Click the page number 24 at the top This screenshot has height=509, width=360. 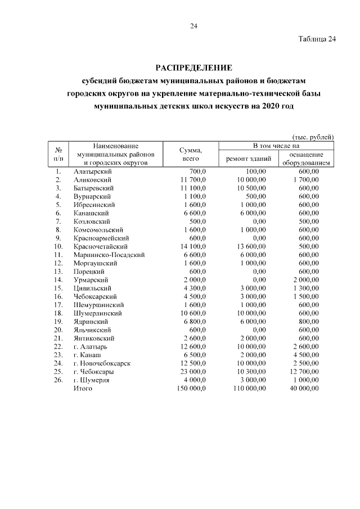pos(194,26)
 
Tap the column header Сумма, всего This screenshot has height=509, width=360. pos(191,155)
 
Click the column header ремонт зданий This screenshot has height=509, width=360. pos(249,159)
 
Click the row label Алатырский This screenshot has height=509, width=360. pos(93,171)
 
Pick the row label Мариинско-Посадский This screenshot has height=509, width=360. pos(109,255)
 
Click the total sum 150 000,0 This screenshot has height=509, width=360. pos(191,389)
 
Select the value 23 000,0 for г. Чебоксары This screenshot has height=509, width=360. pos(193,372)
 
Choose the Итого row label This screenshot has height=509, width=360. pos(83,389)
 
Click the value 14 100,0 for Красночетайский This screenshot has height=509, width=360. pos(193,246)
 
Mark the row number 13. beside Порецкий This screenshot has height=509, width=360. pos(58,272)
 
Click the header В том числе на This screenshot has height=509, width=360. pos(277,146)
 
